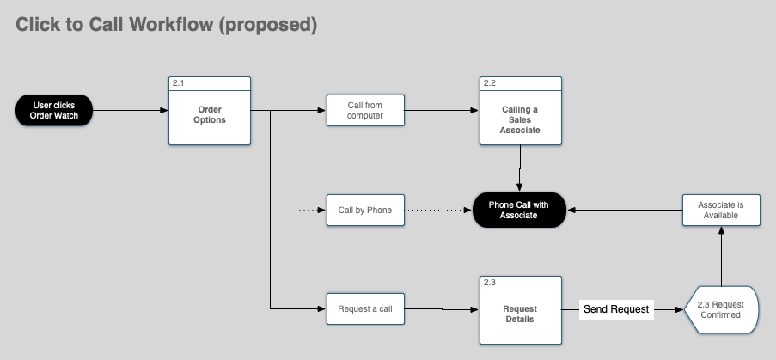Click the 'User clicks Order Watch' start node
point(53,111)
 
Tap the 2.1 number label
point(179,83)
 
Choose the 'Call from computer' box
point(365,111)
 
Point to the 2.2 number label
point(490,83)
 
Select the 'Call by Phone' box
point(365,210)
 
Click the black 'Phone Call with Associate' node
point(519,210)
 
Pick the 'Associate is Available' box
point(722,210)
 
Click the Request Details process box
point(520,314)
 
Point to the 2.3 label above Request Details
point(490,282)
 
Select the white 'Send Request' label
point(616,308)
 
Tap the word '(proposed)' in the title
point(267,26)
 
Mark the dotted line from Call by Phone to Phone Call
point(438,210)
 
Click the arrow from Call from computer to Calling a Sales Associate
point(441,111)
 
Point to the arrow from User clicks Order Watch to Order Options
point(129,111)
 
